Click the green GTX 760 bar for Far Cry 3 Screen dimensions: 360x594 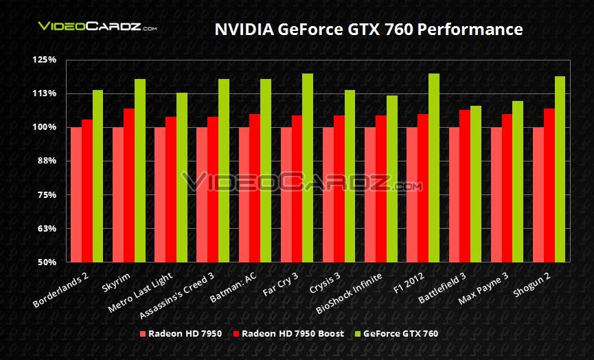pyautogui.click(x=308, y=168)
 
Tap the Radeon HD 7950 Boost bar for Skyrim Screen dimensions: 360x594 pyautogui.click(x=129, y=185)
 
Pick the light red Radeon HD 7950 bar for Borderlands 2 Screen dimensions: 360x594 pyautogui.click(x=76, y=194)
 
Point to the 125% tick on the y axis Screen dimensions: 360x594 pyautogui.click(x=45, y=60)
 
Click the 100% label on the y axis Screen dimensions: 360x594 pyautogui.click(x=45, y=127)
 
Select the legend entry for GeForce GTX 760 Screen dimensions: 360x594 pyautogui.click(x=398, y=334)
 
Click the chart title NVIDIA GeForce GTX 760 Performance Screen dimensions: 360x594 pyautogui.click(x=369, y=29)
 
